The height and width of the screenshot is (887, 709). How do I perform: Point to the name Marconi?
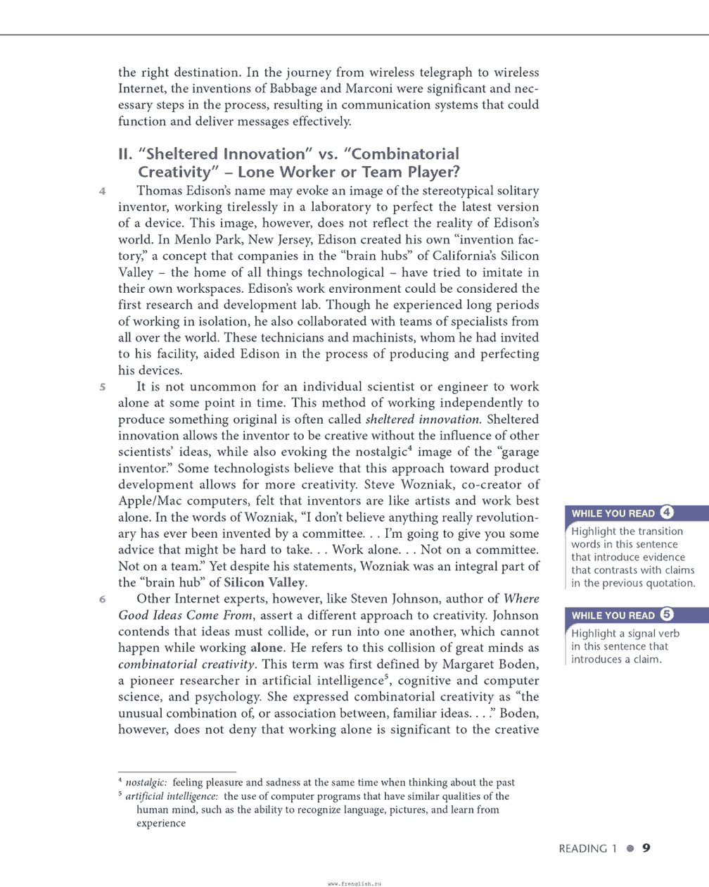pyautogui.click(x=369, y=89)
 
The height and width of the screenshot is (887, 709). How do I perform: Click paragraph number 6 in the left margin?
pyautogui.click(x=103, y=599)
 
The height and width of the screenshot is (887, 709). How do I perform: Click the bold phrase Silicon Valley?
pyautogui.click(x=264, y=583)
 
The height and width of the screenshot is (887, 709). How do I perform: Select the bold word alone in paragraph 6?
pyautogui.click(x=267, y=648)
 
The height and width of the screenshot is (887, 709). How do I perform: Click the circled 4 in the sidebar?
pyautogui.click(x=667, y=512)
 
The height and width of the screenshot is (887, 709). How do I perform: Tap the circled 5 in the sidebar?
pyautogui.click(x=667, y=614)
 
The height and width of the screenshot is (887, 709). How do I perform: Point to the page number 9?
pyautogui.click(x=646, y=848)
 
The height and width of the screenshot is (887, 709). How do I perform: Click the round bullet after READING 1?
pyautogui.click(x=630, y=849)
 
